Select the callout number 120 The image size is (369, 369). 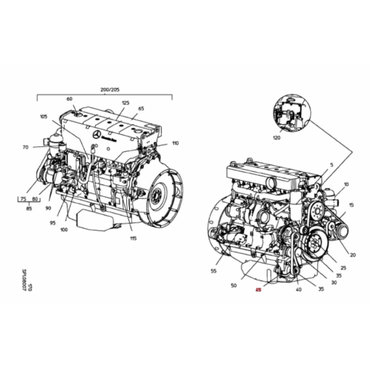tap(276, 137)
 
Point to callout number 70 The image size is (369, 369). tap(25, 147)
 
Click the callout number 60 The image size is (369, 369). tap(69, 99)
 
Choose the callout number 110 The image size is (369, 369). tap(175, 143)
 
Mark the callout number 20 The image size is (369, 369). tap(354, 255)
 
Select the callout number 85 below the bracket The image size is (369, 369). tap(29, 209)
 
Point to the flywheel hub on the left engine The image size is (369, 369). tap(158, 198)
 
